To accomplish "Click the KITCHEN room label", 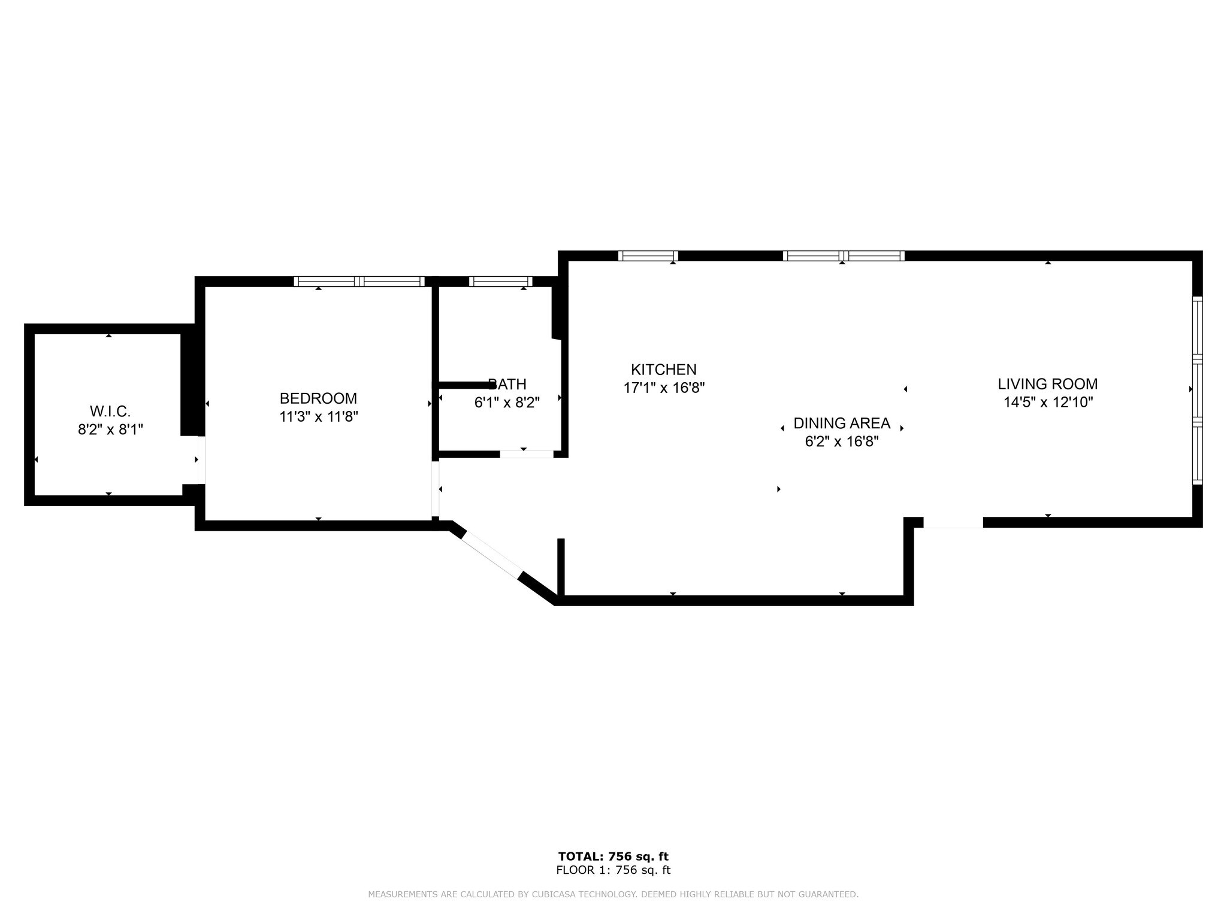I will point(663,370).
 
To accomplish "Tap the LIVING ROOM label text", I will point(1047,384).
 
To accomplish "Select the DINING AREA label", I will point(841,423).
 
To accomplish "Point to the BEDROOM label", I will point(318,398).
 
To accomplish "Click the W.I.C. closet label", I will point(110,411).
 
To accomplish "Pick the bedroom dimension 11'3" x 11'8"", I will point(318,416).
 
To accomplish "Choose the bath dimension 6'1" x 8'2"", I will point(507,402).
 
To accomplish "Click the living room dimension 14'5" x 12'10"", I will point(1048,402).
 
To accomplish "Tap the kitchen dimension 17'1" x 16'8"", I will point(663,388).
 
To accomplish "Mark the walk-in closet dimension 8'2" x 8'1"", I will point(110,429).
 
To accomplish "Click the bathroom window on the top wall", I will point(500,281).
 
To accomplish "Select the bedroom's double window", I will point(359,281).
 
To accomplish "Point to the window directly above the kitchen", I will point(648,256).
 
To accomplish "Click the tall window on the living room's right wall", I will point(1196,391).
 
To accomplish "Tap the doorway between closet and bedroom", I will point(201,459).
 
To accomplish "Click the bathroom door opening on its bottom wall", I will point(526,454).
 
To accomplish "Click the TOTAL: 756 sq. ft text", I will point(613,857).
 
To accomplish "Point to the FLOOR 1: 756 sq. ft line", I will point(613,870).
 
